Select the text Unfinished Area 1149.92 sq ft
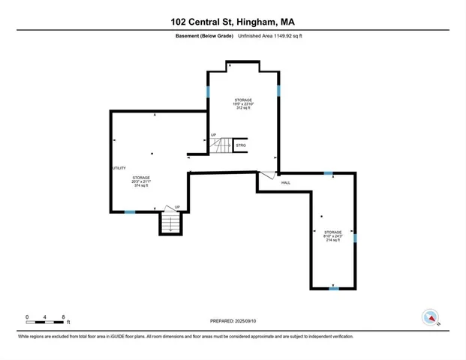(269, 36)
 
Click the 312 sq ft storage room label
(242, 103)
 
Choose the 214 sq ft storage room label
(333, 236)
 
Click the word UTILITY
(119, 168)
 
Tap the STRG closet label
(241, 145)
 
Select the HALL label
(286, 182)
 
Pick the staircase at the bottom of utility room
(171, 223)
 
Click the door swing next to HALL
(266, 177)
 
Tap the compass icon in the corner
(431, 317)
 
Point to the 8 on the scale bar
(63, 317)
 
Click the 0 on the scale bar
(27, 317)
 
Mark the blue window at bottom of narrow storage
(334, 288)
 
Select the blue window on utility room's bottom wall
(130, 212)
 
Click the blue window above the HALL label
(328, 173)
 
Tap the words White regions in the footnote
(31, 337)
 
